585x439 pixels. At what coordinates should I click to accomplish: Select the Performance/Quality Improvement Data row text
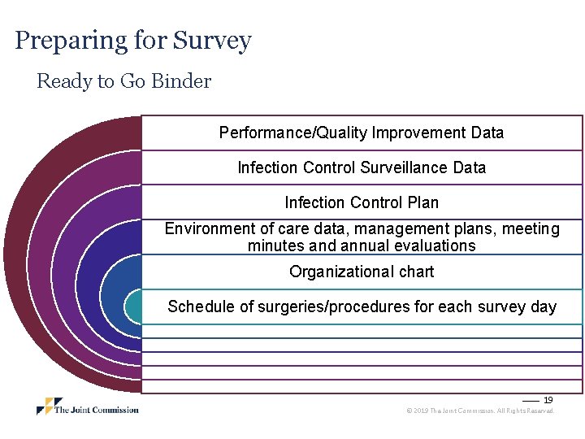(362, 133)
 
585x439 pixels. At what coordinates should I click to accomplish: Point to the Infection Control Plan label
(362, 202)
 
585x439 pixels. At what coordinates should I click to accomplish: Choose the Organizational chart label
(362, 272)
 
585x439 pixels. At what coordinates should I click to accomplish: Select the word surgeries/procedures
(318, 306)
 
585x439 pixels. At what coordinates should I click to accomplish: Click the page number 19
(548, 400)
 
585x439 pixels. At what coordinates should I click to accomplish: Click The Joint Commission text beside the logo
(96, 409)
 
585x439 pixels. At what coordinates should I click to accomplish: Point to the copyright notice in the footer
(480, 411)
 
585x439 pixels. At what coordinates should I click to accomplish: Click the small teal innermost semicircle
(132, 306)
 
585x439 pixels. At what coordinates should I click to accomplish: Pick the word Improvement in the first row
(418, 133)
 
